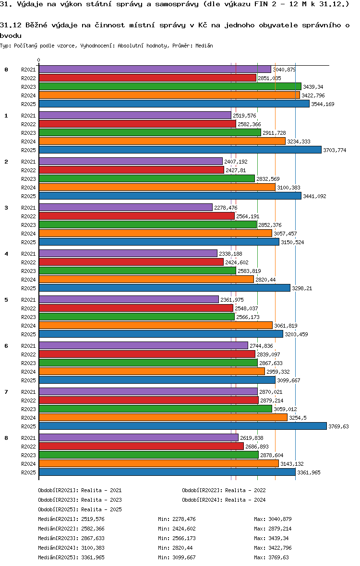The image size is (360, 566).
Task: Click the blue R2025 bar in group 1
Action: click(180, 150)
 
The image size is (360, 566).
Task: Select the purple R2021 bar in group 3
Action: click(125, 207)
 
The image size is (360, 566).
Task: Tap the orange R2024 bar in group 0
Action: click(169, 95)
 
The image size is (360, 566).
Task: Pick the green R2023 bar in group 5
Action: click(136, 317)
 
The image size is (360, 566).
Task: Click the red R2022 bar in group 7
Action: click(148, 400)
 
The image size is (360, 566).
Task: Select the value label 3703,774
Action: click(335, 150)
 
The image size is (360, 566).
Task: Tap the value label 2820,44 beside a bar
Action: click(265, 280)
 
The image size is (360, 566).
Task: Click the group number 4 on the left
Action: click(6, 253)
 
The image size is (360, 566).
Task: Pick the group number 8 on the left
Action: click(6, 437)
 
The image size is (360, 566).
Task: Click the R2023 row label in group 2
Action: click(28, 179)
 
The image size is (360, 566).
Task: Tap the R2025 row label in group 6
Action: click(28, 380)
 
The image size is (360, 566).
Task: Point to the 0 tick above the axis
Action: click(38, 60)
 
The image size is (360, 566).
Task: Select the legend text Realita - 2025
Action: click(101, 509)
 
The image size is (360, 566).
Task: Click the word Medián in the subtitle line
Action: click(204, 46)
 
